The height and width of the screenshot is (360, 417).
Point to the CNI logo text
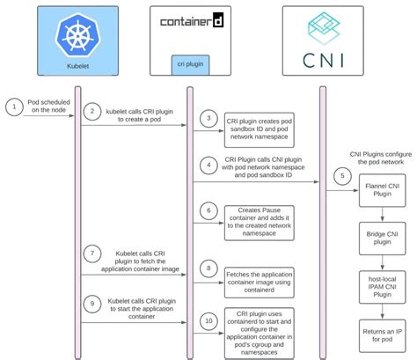click(322, 62)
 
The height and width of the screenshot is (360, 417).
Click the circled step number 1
click(12, 107)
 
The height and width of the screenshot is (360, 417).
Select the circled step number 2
click(93, 111)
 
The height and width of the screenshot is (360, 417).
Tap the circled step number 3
click(207, 118)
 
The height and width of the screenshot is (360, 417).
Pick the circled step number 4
click(207, 163)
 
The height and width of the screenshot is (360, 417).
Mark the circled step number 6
click(207, 210)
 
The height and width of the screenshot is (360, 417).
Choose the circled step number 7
click(93, 253)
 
